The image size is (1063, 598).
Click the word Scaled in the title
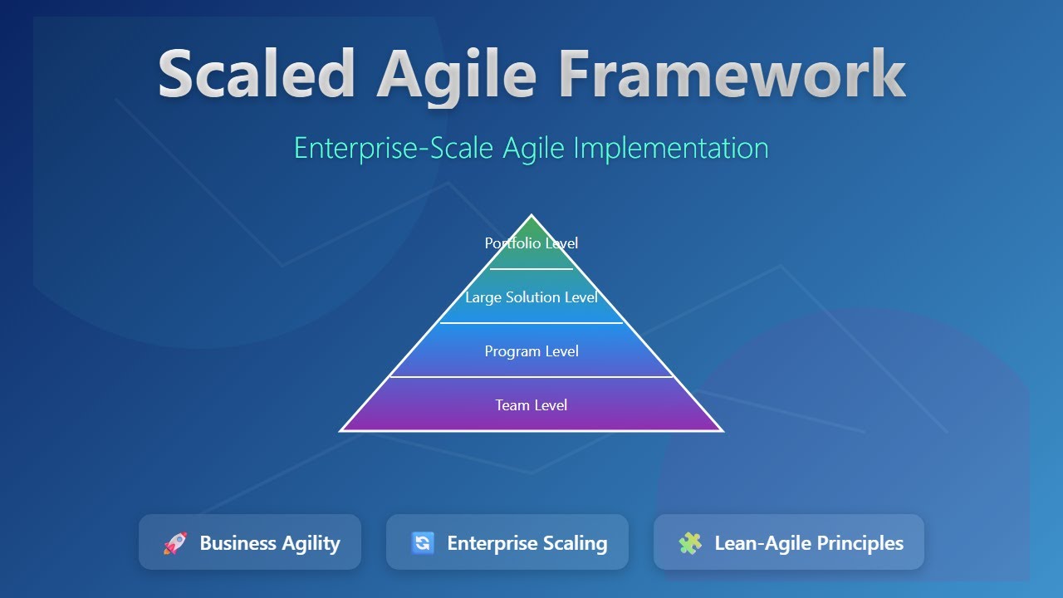257,75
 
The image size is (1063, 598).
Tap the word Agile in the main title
456,75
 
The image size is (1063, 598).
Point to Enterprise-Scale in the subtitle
394,148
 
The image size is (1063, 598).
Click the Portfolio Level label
531,243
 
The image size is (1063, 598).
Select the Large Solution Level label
531,297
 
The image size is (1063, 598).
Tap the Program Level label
531,351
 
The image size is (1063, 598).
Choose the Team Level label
531,405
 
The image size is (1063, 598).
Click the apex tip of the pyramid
531,217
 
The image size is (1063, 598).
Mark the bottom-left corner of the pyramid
342,430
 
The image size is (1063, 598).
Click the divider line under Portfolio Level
531,269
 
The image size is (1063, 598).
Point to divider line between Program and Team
531,377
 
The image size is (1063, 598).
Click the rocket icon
175,543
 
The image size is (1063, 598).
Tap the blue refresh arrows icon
423,543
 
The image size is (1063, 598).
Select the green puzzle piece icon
690,543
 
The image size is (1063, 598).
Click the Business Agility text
270,543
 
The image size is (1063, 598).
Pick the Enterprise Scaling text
527,543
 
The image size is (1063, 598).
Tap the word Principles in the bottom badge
860,543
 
